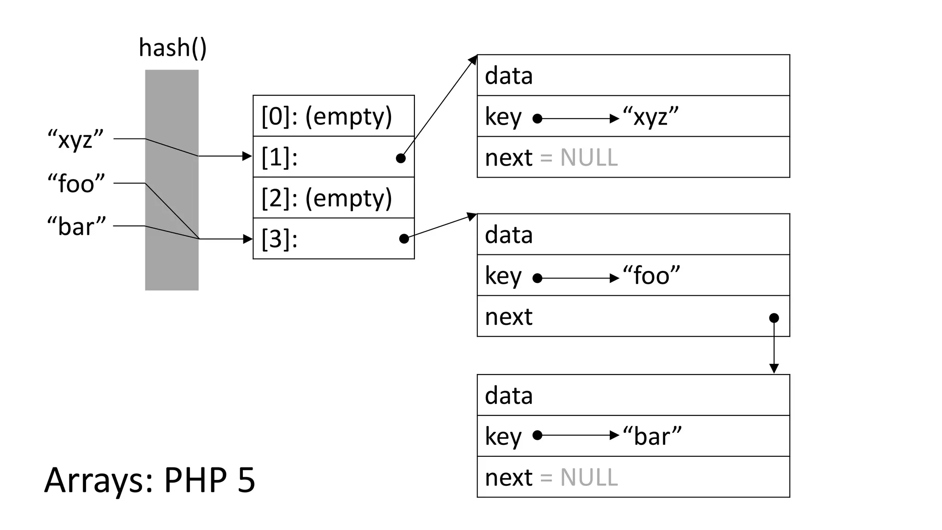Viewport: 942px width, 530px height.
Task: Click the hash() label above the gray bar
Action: [x=172, y=48]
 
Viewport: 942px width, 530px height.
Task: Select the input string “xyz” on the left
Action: [x=76, y=139]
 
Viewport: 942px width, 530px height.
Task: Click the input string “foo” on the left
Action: [x=76, y=184]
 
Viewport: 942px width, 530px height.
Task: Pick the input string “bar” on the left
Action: [x=76, y=226]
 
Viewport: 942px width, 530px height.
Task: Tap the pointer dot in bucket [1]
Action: [x=401, y=158]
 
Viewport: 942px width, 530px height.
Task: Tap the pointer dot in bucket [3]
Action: [x=404, y=238]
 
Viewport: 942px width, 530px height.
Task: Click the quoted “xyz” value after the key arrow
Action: [x=650, y=117]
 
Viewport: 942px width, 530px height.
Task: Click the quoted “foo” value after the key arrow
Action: [x=651, y=276]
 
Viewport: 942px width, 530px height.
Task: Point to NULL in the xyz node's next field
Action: [x=589, y=158]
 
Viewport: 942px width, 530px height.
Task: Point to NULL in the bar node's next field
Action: [x=589, y=478]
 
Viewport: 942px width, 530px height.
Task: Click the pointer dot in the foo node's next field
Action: [x=774, y=318]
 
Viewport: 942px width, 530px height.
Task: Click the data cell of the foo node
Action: [x=633, y=235]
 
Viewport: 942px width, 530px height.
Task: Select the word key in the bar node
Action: [x=503, y=436]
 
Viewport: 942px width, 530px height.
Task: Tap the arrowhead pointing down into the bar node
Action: [x=774, y=369]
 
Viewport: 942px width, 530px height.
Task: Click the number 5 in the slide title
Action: [x=247, y=480]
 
